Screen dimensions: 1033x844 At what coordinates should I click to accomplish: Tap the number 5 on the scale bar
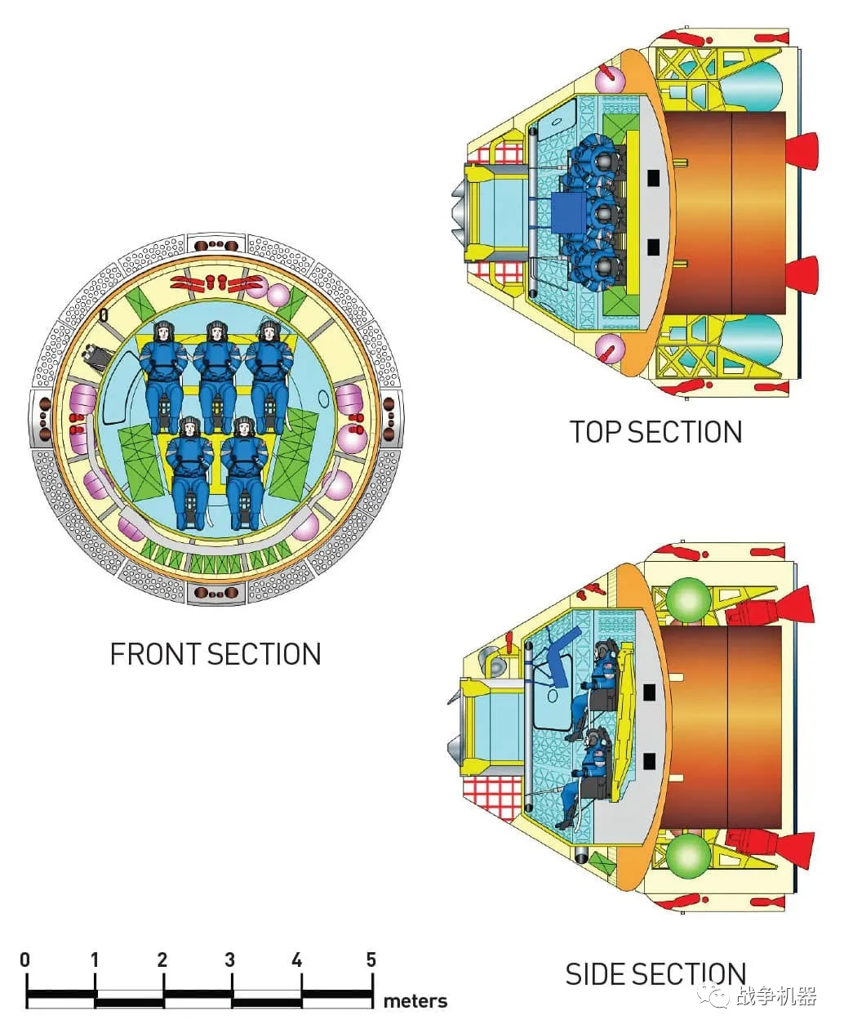(371, 960)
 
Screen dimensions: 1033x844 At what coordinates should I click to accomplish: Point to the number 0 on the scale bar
(25, 960)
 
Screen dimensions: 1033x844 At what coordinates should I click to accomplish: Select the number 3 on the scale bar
(229, 960)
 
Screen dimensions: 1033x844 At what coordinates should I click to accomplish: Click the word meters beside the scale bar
(415, 1001)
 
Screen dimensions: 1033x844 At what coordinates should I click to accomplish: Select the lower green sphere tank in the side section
(688, 853)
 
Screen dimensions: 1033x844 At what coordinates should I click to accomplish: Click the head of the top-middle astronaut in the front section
(215, 332)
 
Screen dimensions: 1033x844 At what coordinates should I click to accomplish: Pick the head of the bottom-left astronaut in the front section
(189, 426)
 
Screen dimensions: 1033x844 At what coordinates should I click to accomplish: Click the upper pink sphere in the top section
(608, 80)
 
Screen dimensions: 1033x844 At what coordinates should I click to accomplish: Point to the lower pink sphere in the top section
(609, 349)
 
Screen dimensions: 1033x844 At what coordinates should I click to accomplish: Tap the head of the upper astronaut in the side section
(604, 651)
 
